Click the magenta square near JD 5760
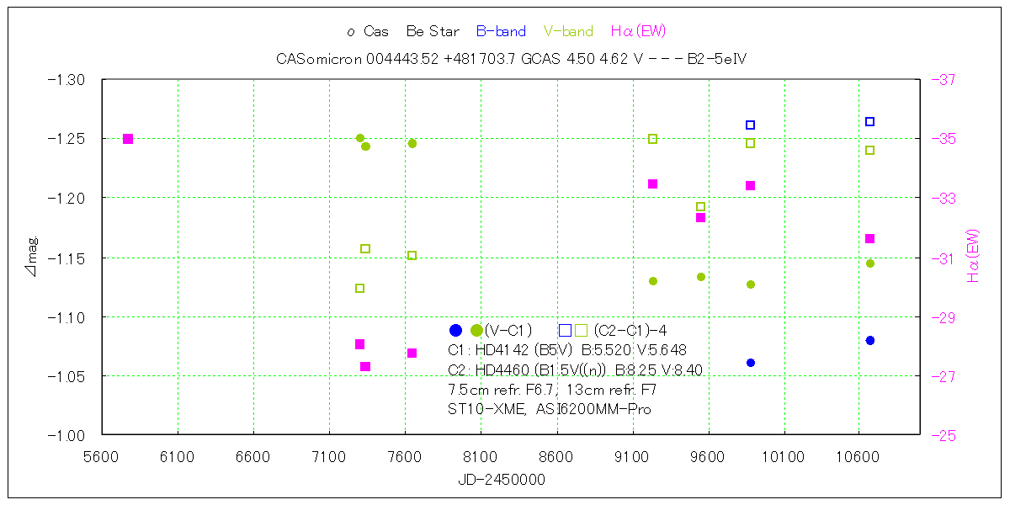click(x=128, y=139)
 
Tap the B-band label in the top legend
click(x=501, y=32)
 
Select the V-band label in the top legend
click(x=568, y=32)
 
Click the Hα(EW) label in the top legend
click(x=638, y=32)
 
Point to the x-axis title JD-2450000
click(x=502, y=480)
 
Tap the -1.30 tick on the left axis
click(x=66, y=79)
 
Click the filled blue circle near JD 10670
click(x=870, y=341)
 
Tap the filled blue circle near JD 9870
click(x=751, y=363)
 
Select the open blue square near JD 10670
click(x=870, y=121)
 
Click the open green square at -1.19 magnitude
click(x=700, y=206)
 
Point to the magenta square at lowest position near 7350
click(x=365, y=367)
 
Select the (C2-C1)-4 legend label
click(x=630, y=331)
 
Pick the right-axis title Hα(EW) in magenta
click(x=974, y=256)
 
